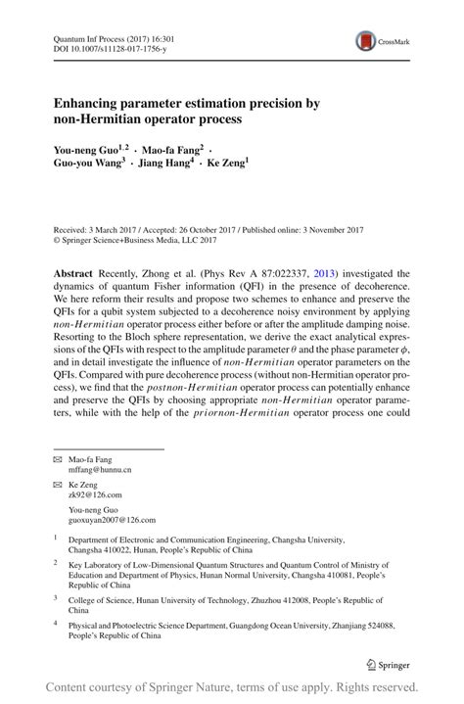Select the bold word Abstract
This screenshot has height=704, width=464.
coord(73,275)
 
